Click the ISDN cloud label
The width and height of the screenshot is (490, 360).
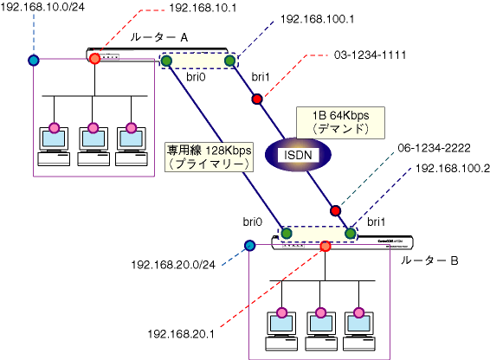pos(298,155)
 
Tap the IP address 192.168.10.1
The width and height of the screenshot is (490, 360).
pos(203,8)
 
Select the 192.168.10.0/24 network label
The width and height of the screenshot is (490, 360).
pos(42,7)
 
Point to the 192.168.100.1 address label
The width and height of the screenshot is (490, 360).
pos(317,19)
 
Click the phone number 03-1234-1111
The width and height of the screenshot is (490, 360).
pos(370,55)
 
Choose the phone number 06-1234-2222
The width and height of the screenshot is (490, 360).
pos(434,148)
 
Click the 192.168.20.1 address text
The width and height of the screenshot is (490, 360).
pos(181,334)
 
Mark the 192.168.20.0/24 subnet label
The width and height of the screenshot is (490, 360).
pos(173,265)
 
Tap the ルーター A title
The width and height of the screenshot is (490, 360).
pos(159,37)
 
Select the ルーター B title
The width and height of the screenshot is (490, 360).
pos(429,260)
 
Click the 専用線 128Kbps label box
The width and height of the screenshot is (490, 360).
pos(209,157)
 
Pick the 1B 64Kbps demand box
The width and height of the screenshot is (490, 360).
pos(340,123)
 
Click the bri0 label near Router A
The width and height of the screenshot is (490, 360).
pos(196,77)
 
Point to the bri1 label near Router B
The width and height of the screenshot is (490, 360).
pos(376,222)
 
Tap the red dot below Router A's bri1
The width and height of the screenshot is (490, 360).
pos(257,100)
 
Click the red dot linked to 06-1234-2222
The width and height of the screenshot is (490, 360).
pos(335,210)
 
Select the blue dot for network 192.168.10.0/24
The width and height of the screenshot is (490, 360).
pos(34,60)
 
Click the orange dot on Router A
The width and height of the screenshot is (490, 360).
pos(94,59)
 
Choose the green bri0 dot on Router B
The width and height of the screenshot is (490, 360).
pos(287,233)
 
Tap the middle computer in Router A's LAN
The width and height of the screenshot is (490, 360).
pos(93,146)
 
